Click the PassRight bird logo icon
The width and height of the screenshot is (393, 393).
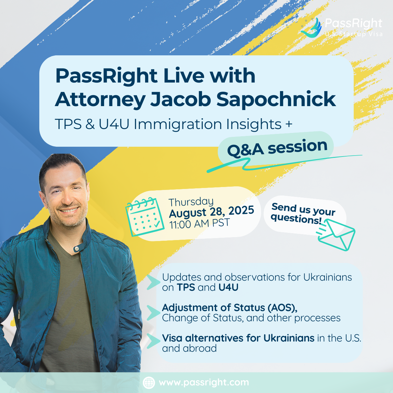click(311, 28)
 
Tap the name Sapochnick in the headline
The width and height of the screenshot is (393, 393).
click(276, 99)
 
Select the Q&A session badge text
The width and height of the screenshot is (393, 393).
click(277, 148)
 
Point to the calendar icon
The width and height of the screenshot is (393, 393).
click(145, 217)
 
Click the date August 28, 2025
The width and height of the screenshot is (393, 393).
click(212, 212)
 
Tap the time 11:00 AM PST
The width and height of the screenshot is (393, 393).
click(199, 224)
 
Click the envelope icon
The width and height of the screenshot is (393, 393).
click(336, 235)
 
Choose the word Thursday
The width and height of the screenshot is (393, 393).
click(191, 202)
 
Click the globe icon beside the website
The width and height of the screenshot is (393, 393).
click(149, 383)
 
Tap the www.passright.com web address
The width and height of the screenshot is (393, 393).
click(204, 383)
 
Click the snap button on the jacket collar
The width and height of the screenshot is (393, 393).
click(77, 248)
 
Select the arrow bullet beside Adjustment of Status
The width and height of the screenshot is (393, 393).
click(154, 312)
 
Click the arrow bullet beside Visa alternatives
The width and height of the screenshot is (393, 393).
click(154, 341)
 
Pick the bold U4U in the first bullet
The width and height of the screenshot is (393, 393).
click(228, 288)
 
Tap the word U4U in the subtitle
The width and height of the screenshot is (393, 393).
click(114, 124)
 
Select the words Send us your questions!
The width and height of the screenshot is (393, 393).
click(303, 214)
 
